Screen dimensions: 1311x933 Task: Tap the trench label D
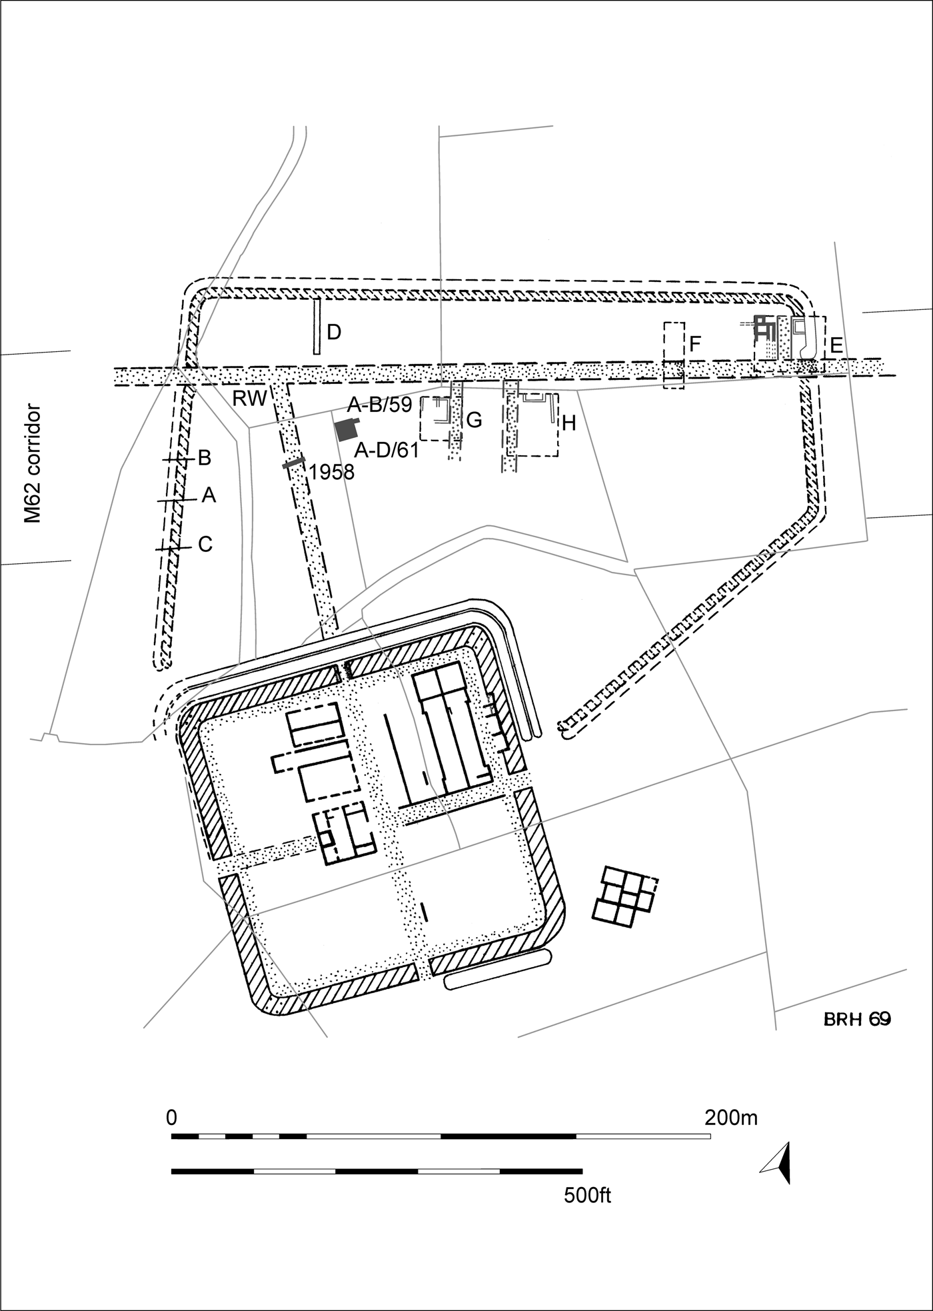[335, 332]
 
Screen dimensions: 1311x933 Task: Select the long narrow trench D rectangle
[317, 326]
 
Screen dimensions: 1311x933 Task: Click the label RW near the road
[250, 399]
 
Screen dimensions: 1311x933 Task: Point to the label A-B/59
[380, 405]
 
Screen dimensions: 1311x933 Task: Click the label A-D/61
[386, 451]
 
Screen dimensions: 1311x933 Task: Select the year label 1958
[332, 473]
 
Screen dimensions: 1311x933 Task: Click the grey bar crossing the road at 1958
[294, 463]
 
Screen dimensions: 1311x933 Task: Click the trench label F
[695, 344]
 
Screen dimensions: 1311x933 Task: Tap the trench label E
[836, 345]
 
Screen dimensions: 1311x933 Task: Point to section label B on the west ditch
[205, 458]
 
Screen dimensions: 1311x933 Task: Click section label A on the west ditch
[209, 495]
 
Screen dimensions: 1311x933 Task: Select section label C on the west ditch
[205, 545]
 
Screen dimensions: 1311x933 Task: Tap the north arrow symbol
[780, 1163]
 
